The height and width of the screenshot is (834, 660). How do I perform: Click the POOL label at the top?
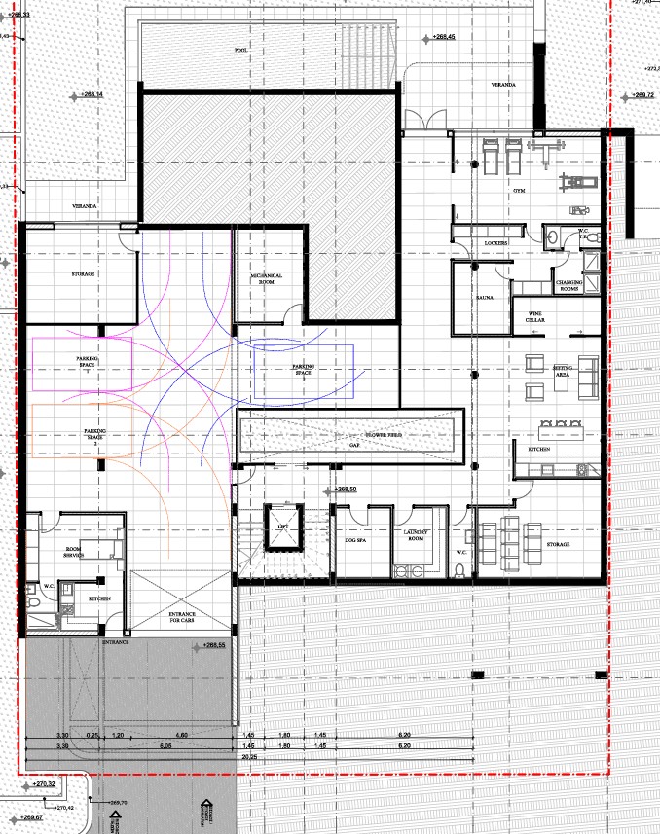pyautogui.click(x=239, y=50)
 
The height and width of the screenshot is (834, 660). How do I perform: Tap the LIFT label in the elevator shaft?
pyautogui.click(x=283, y=526)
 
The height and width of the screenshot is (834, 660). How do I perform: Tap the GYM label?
pyautogui.click(x=519, y=191)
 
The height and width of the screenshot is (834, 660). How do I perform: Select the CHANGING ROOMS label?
pyautogui.click(x=568, y=284)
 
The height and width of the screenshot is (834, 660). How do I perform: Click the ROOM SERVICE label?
pyautogui.click(x=74, y=552)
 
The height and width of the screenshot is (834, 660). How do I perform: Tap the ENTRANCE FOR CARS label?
pyautogui.click(x=182, y=616)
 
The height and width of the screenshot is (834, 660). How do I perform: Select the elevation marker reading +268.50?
pyautogui.click(x=347, y=490)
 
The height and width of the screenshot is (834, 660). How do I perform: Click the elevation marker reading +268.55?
pyautogui.click(x=222, y=644)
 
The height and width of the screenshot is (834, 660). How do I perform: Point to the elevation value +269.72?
pyautogui.click(x=642, y=95)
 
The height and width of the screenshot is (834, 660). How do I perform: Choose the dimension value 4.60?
pyautogui.click(x=181, y=734)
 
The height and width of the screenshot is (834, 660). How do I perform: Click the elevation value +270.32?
pyautogui.click(x=47, y=783)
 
